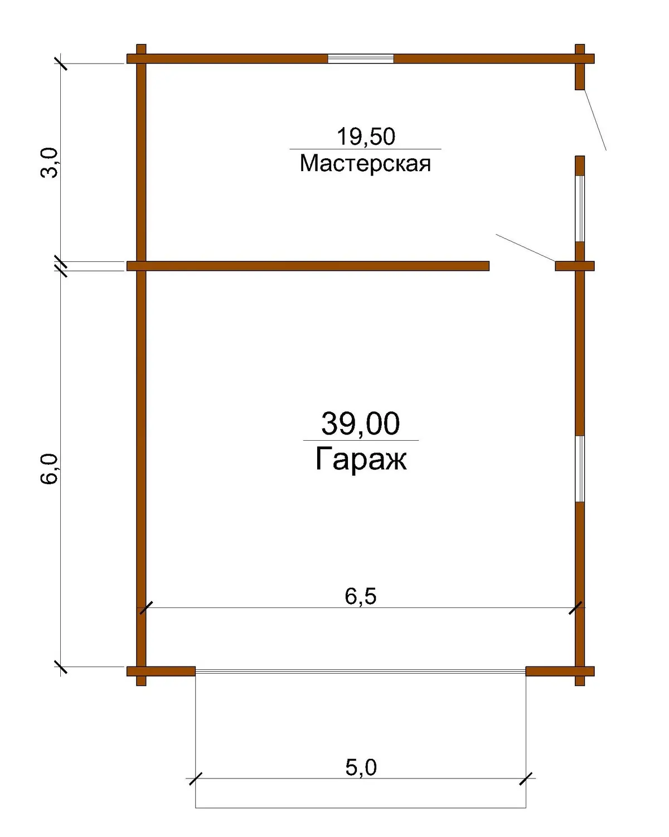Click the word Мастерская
point(365,164)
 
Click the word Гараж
point(361,459)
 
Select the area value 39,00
point(360,424)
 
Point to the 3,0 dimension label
point(50,163)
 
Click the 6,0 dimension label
point(50,469)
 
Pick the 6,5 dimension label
point(360,596)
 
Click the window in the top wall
point(360,59)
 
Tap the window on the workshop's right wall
point(579,209)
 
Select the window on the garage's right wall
point(579,469)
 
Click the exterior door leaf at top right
point(595,120)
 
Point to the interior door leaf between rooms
point(525,248)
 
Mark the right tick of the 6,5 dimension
point(575,608)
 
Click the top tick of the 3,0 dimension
point(61,64)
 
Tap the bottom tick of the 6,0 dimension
point(61,667)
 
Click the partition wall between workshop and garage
point(308,266)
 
